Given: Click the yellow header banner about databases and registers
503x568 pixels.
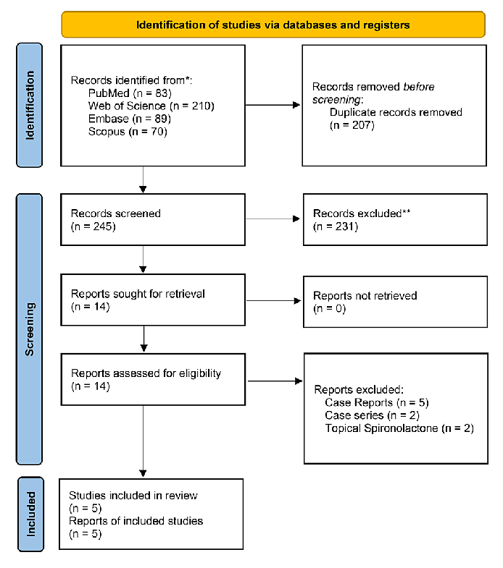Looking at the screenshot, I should point(273,25).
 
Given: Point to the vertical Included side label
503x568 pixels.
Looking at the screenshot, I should point(31,513).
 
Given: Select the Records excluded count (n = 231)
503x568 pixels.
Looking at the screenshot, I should point(336,226).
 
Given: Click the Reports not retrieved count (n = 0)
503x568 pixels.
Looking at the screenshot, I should point(330,308).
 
